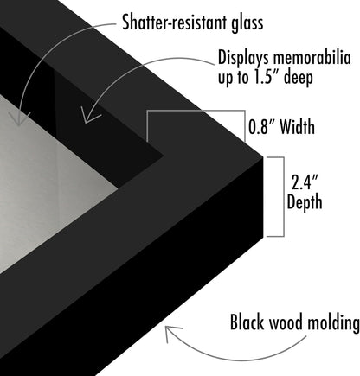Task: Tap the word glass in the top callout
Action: [247, 23]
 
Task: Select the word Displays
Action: [244, 59]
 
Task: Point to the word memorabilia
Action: [312, 57]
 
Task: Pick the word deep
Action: [299, 78]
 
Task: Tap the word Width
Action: [297, 127]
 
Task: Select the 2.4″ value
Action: [305, 182]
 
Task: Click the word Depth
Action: [305, 202]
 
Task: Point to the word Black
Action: [247, 322]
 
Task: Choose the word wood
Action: [286, 322]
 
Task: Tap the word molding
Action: [333, 322]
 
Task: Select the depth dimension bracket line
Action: [284, 197]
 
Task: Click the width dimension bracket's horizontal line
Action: [196, 111]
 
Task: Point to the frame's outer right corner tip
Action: [263, 157]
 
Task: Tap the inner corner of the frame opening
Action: [164, 156]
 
